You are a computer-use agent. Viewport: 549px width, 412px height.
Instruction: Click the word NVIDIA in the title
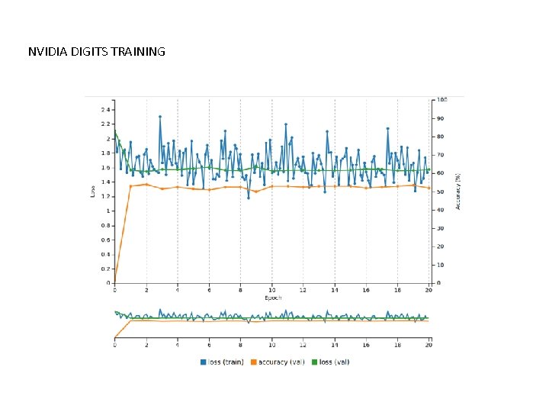coord(46,52)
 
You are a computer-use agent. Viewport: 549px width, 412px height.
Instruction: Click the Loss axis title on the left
coord(93,191)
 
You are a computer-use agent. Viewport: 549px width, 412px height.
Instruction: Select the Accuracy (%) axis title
coord(458,191)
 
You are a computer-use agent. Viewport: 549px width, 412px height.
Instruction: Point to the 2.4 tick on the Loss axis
coord(104,109)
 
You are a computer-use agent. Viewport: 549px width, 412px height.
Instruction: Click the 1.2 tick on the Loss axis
coord(104,196)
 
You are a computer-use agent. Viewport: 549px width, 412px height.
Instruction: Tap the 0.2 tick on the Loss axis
coord(104,269)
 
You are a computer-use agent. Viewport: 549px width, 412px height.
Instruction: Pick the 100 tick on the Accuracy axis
coord(441,100)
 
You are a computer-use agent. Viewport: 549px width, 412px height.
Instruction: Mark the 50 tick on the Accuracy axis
coord(439,192)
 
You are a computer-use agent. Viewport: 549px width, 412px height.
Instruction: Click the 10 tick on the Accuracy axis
coord(439,265)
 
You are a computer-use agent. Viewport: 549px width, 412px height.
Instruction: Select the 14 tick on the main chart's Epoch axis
coord(334,290)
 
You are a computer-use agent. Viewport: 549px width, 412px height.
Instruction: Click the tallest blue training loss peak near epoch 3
coord(160,117)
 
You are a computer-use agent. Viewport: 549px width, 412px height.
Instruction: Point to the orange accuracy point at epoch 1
coord(130,185)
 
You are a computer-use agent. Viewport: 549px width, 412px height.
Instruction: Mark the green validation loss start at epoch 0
coord(115,131)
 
